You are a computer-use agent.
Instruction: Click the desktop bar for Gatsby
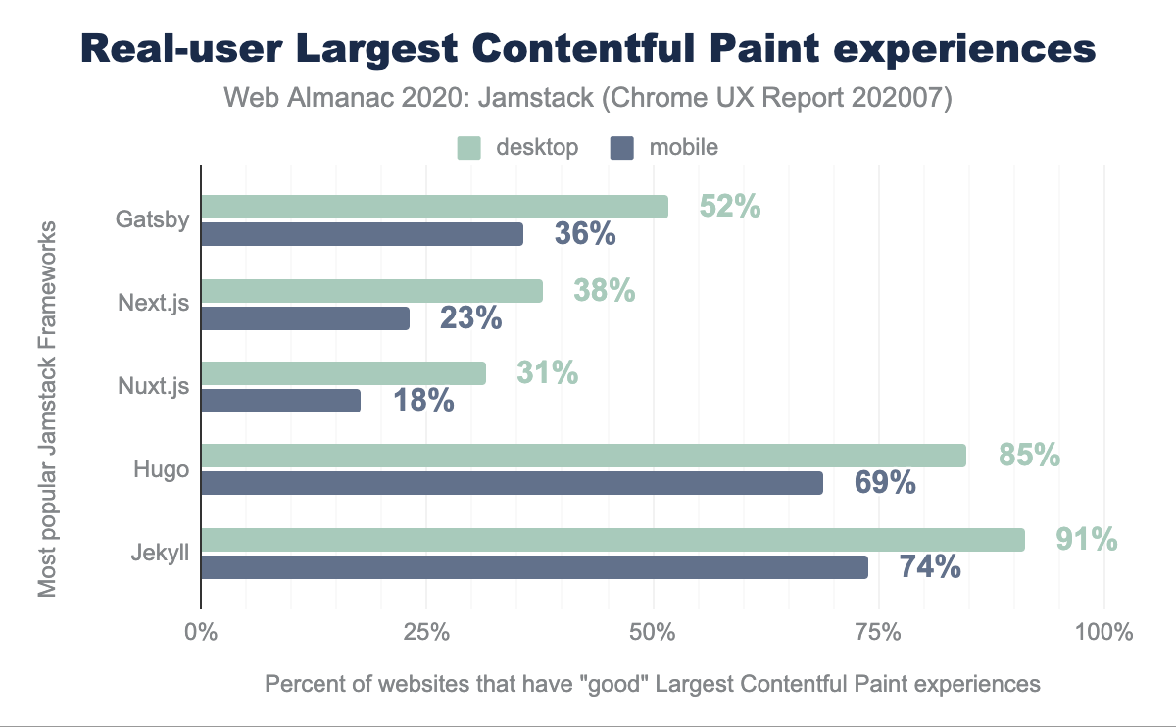(434, 207)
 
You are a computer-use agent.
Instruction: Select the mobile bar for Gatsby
(362, 234)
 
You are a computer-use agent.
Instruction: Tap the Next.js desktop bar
(371, 290)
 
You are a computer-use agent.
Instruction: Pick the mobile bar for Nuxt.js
(280, 401)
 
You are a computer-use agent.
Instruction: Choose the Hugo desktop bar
(583, 456)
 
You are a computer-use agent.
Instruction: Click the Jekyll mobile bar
(534, 567)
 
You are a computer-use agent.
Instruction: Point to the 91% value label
(1087, 539)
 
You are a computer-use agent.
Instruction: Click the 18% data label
(423, 400)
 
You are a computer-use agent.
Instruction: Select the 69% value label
(885, 482)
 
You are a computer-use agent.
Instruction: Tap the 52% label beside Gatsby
(730, 207)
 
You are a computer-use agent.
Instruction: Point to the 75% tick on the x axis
(879, 632)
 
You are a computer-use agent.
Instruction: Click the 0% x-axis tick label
(201, 632)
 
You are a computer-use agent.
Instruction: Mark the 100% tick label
(1103, 632)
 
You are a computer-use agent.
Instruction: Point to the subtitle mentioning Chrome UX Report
(588, 98)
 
